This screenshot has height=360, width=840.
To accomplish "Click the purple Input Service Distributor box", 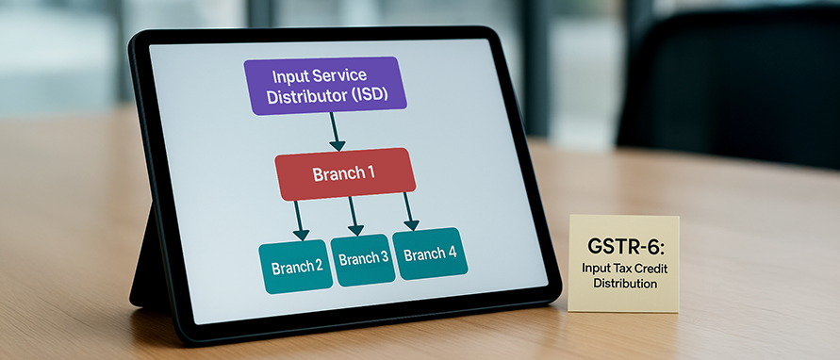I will (x=323, y=85).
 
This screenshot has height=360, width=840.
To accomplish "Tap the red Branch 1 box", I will (x=345, y=173).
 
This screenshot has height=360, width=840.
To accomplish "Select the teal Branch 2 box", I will (x=297, y=267).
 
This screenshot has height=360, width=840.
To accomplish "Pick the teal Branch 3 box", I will (x=362, y=259).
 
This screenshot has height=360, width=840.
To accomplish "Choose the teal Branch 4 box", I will (x=430, y=254).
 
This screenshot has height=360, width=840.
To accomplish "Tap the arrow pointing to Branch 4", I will (x=410, y=211).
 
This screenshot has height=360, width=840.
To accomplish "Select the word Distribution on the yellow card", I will (x=625, y=283).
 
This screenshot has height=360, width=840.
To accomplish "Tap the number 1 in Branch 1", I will (x=371, y=173).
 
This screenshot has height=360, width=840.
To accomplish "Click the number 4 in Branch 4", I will (x=453, y=254).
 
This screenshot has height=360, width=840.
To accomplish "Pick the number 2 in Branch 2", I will (x=319, y=267).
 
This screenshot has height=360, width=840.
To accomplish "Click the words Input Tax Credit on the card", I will (x=625, y=270).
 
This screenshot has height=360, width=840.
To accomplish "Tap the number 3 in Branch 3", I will (x=385, y=258).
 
